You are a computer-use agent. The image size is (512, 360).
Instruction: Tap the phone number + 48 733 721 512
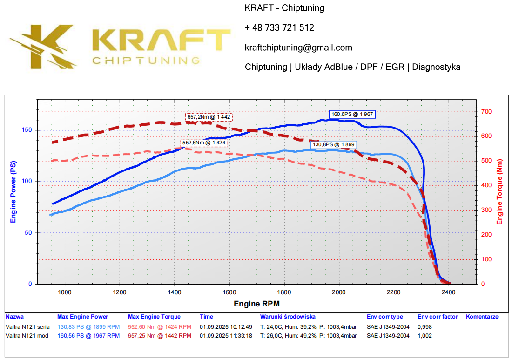tap(279, 28)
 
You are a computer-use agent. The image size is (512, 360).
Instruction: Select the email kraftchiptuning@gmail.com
tap(298, 48)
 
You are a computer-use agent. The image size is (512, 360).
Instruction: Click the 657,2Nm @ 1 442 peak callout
tap(209, 117)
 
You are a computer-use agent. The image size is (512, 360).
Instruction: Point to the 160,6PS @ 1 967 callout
tap(352, 114)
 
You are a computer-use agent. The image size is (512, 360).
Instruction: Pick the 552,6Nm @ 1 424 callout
tap(204, 143)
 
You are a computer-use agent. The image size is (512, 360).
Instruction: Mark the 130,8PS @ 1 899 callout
tap(334, 145)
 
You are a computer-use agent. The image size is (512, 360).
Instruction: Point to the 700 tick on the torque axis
tap(486, 112)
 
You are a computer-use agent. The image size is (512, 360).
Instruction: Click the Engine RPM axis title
tap(257, 304)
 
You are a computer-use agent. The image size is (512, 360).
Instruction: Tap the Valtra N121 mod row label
tap(27, 335)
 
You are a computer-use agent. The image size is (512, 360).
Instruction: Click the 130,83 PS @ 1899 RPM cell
tap(88, 326)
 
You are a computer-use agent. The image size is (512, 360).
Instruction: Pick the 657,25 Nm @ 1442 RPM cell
tap(159, 335)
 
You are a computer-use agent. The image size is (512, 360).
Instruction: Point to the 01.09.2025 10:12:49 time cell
tap(226, 326)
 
